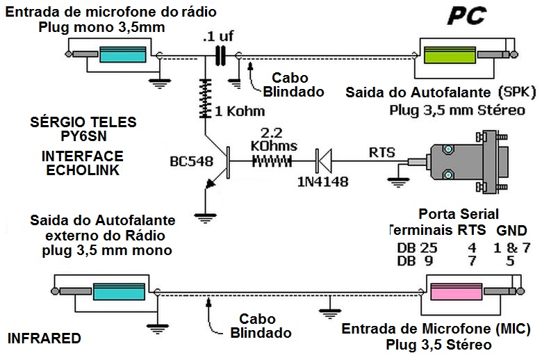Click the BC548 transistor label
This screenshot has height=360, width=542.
pyautogui.click(x=192, y=162)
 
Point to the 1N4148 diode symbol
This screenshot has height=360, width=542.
pyautogui.click(x=321, y=160)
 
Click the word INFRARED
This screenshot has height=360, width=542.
pyautogui.click(x=44, y=338)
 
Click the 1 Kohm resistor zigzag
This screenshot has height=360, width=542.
pyautogui.click(x=206, y=99)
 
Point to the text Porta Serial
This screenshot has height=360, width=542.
pyautogui.click(x=459, y=213)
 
